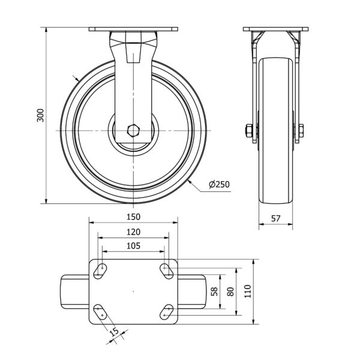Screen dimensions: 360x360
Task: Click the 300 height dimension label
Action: click(x=40, y=115)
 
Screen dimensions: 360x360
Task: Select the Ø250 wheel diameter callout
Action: click(x=219, y=184)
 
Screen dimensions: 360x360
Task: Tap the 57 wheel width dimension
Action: click(x=275, y=218)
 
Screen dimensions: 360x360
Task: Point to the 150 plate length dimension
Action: click(x=133, y=217)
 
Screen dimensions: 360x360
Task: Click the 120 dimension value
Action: click(x=133, y=232)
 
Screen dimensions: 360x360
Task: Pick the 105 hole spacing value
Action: click(x=133, y=246)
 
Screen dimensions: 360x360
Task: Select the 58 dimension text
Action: click(x=214, y=292)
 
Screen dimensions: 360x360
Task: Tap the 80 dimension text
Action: click(x=231, y=292)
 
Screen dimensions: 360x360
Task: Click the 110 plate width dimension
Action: click(x=247, y=291)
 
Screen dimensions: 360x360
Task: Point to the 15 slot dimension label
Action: click(x=114, y=332)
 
